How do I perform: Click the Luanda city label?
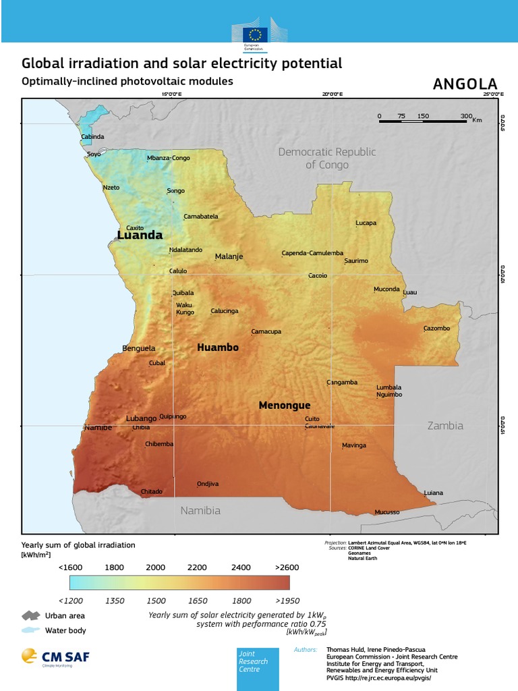coord(140,236)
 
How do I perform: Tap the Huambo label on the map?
coord(217,348)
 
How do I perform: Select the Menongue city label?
coord(285,406)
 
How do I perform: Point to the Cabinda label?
coord(92,136)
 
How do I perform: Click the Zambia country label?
coord(445,426)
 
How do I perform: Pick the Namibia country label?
coord(200,511)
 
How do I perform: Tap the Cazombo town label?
coord(436,329)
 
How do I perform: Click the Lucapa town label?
coord(366,223)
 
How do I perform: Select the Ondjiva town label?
coord(208,484)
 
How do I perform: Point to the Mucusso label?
coord(387,512)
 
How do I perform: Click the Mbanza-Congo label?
coord(169,159)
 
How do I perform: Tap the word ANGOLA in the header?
coord(465,84)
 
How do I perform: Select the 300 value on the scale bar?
coord(466,116)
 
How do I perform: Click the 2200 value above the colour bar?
coord(197,568)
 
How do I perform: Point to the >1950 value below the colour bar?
coord(286,601)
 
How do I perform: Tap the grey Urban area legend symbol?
coord(31,615)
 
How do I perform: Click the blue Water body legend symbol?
coord(31,630)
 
